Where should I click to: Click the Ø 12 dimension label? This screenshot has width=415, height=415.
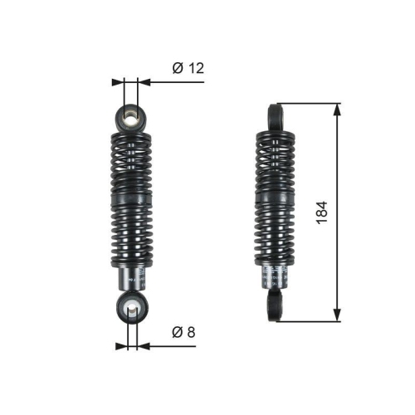[x=188, y=69]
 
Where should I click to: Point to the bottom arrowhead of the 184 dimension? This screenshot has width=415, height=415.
[x=337, y=315]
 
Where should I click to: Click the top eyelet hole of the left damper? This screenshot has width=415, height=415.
[x=131, y=115]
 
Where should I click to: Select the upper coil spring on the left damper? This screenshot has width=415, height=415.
[x=131, y=162]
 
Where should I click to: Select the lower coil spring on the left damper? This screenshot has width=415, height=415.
[x=131, y=241]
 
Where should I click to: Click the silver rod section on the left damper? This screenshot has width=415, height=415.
[x=131, y=280]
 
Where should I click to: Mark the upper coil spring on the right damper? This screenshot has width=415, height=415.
[x=276, y=162]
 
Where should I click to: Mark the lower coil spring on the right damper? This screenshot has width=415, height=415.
[x=276, y=241]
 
